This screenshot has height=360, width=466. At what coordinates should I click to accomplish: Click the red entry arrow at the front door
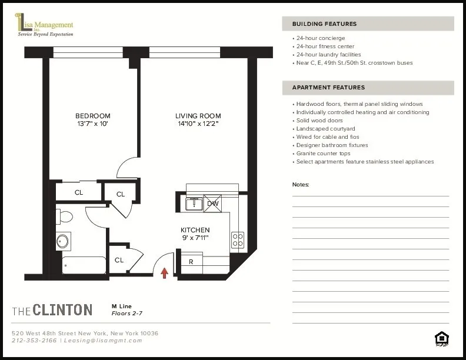click(x=165, y=272)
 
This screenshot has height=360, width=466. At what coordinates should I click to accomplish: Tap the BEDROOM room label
click(x=92, y=116)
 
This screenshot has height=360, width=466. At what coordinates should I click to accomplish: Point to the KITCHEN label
click(x=195, y=230)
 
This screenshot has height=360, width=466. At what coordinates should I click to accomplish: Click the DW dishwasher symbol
click(x=212, y=204)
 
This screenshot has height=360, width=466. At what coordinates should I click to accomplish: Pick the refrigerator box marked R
click(x=192, y=261)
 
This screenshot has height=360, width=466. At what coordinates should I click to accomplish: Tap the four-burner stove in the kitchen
click(x=238, y=239)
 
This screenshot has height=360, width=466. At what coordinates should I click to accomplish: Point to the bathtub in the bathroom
click(x=82, y=265)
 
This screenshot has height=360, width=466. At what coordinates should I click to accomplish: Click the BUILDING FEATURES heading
click(x=324, y=24)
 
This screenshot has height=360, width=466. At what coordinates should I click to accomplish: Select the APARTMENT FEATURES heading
click(x=328, y=88)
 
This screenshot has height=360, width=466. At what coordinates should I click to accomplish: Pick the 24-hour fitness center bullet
click(x=325, y=46)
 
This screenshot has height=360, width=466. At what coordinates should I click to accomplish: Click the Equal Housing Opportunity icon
click(x=441, y=338)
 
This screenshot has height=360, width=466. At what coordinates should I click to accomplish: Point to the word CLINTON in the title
click(x=62, y=310)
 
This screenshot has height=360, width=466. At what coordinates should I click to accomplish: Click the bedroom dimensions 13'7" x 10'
click(x=92, y=124)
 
